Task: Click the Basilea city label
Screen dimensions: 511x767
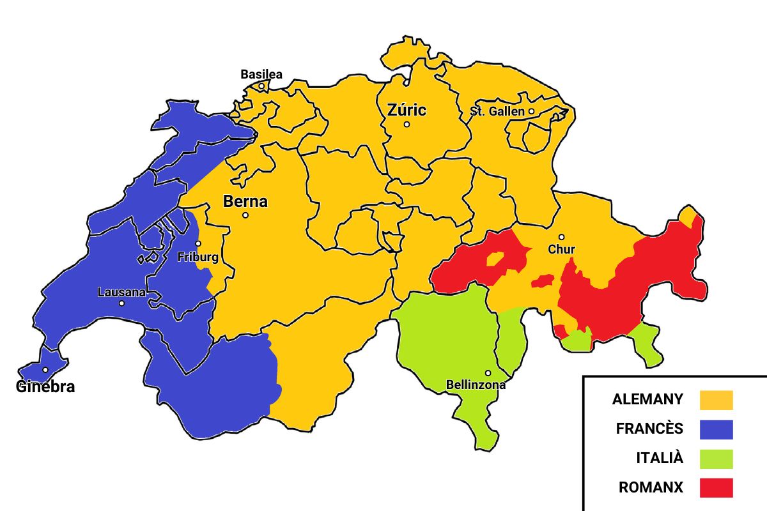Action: (261, 74)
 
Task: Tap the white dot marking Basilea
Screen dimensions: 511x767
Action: (261, 86)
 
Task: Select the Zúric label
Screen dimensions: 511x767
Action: (407, 110)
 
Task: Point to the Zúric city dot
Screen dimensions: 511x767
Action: (407, 125)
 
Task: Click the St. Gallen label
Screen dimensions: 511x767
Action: (497, 111)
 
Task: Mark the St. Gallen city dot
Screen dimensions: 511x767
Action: (531, 111)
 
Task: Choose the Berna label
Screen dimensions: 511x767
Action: (245, 202)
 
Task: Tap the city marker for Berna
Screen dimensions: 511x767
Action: (245, 215)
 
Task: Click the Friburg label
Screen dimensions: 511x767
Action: (198, 257)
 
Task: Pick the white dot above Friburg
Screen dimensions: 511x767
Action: (198, 243)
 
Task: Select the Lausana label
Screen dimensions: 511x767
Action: (121, 293)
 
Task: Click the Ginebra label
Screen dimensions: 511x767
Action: (45, 386)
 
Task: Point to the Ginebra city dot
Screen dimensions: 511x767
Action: (45, 370)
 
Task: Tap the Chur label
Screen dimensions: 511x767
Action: (561, 249)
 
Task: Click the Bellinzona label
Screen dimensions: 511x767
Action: (476, 385)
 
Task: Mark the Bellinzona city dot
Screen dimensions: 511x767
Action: (488, 373)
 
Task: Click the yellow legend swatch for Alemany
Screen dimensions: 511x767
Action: (716, 400)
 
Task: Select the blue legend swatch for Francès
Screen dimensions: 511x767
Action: (716, 429)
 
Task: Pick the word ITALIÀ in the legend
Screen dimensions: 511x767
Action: (660, 458)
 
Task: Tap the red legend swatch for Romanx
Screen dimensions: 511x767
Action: (716, 487)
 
